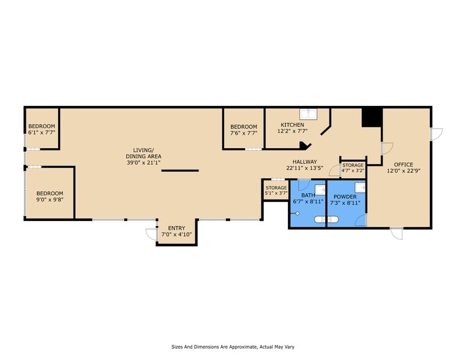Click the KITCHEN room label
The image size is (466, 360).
292,125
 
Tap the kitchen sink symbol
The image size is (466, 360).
307,114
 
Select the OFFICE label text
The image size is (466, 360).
404,165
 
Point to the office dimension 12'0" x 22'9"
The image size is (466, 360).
404,172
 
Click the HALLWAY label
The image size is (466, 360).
304,162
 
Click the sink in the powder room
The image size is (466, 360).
361,187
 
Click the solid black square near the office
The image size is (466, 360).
371,117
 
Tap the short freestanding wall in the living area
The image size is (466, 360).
180,171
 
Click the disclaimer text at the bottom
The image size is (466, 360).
233,346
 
